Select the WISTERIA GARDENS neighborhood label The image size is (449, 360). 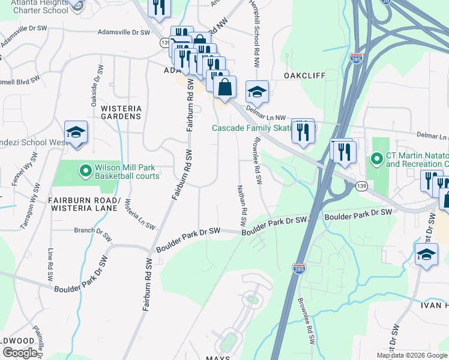(121, 112)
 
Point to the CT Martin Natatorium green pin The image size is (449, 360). (377, 159)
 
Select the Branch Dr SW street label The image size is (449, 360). (93, 233)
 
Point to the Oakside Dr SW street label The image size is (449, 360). (94, 86)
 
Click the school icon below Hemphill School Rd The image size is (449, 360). (257, 92)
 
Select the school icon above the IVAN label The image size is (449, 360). (426, 254)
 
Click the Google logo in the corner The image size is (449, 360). (20, 353)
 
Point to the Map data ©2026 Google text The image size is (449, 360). (412, 355)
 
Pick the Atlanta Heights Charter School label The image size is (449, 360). (35, 7)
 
